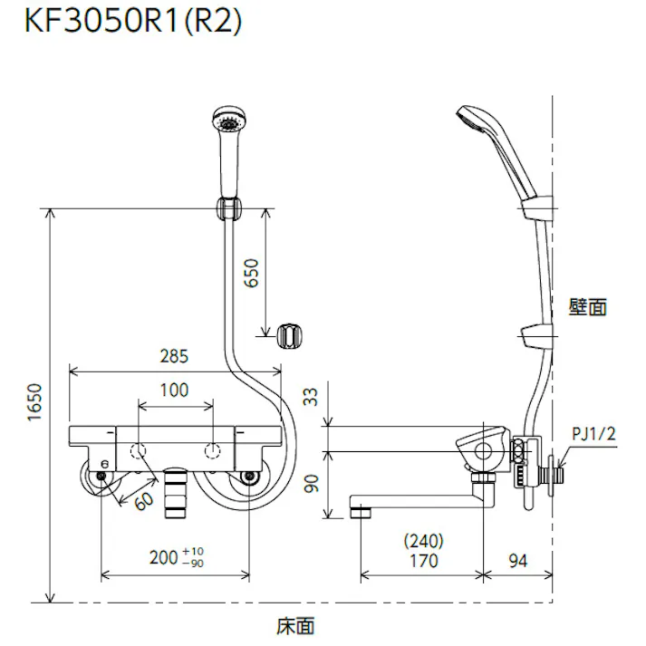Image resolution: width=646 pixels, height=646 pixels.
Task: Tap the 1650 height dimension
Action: point(33,405)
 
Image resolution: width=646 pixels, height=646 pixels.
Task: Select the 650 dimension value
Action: point(251,273)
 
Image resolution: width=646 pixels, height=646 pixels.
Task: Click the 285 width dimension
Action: point(175,356)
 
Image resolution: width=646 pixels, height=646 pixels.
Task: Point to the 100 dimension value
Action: point(174,390)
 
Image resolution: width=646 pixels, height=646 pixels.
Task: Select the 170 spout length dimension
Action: point(422,561)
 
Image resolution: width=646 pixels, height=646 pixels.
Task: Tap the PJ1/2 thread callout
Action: point(594,434)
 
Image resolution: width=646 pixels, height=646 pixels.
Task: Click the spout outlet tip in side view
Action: point(361,512)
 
